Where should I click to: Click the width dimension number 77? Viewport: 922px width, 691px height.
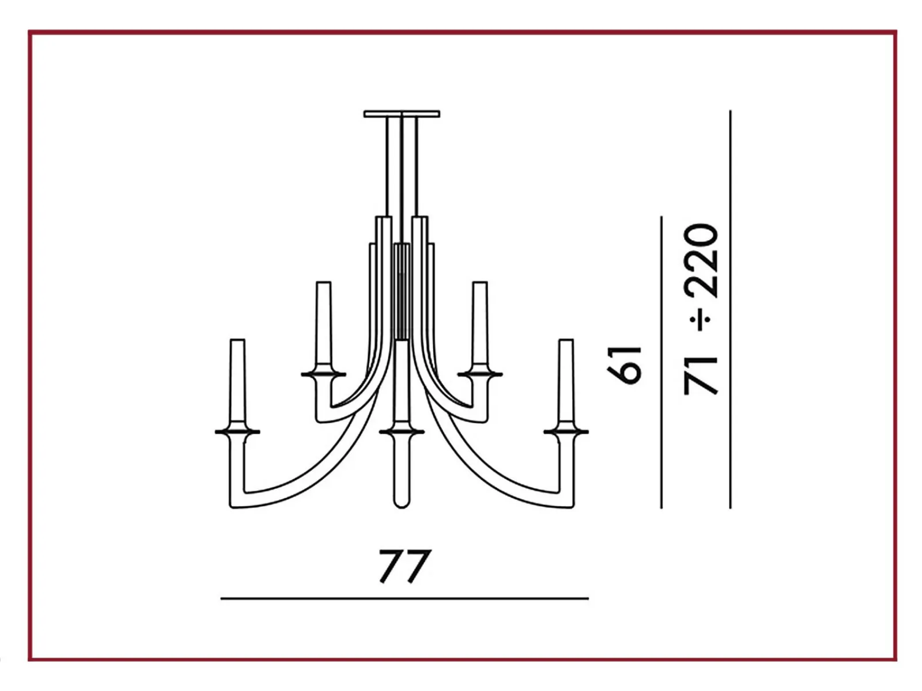coord(405,567)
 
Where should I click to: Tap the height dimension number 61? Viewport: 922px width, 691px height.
coord(624,365)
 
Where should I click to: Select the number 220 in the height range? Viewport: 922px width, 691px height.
coord(700,260)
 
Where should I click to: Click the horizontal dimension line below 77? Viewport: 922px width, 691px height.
coord(405,599)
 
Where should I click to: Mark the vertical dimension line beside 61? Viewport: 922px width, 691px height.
coord(662,363)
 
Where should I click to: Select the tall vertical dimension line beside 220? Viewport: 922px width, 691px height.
coord(731,310)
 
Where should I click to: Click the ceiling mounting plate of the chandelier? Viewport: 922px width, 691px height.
coord(402,114)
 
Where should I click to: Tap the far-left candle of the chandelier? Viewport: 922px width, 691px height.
coord(237,384)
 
